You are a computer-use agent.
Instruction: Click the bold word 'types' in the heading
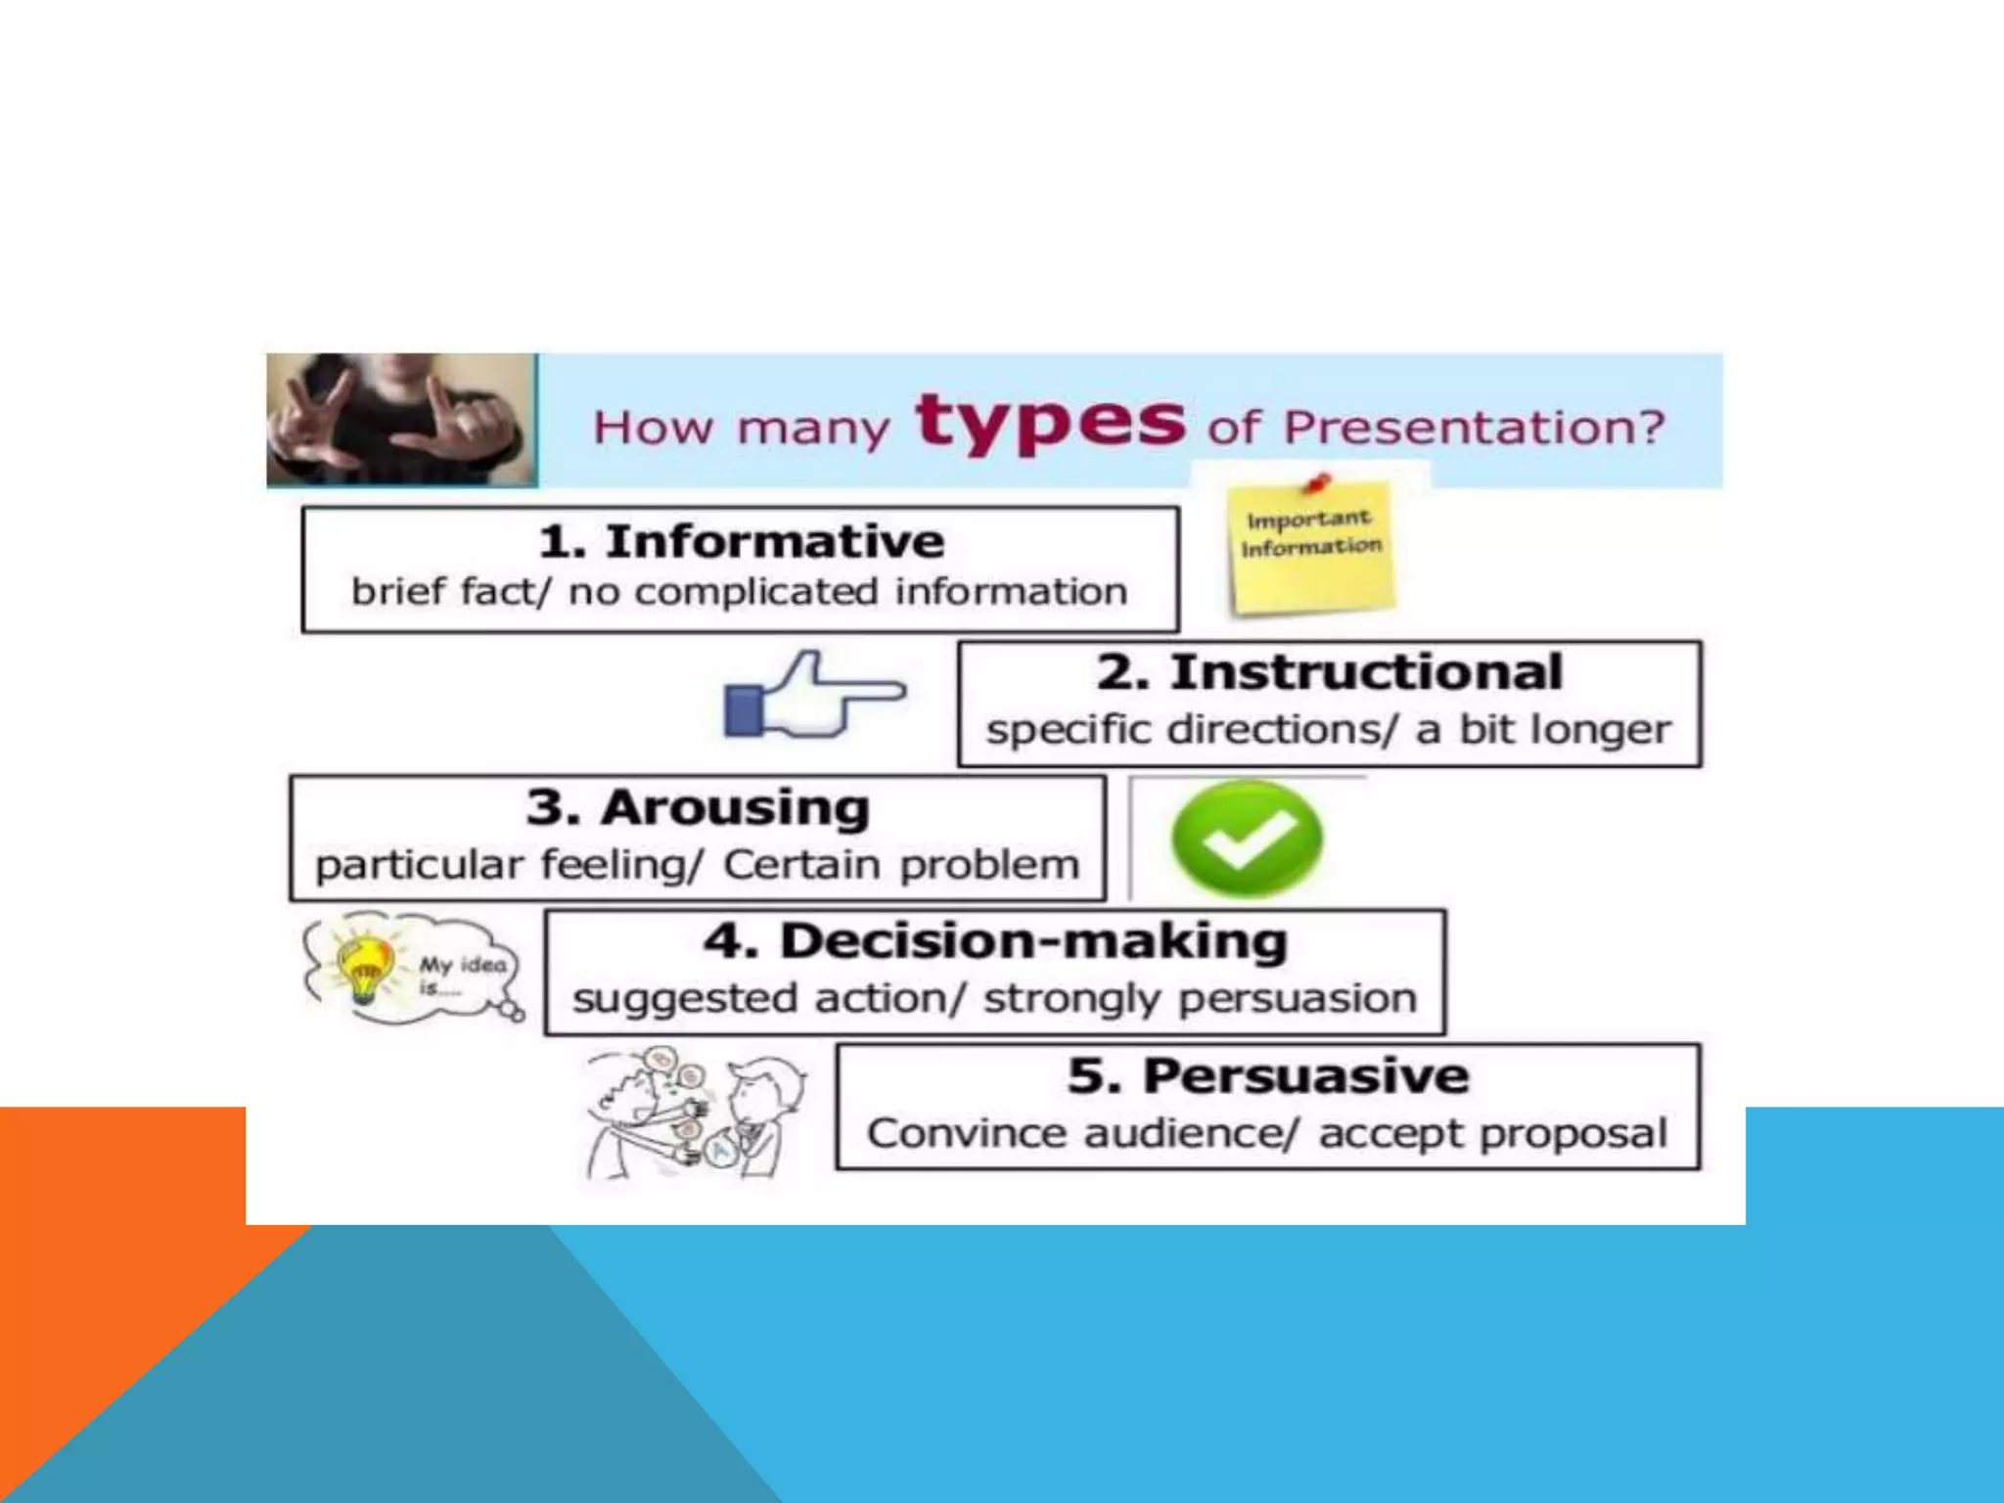(x=1050, y=422)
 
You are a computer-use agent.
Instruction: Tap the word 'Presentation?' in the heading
(x=1474, y=428)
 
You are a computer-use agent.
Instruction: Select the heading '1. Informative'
(x=741, y=541)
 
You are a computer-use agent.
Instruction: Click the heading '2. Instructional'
(x=1329, y=672)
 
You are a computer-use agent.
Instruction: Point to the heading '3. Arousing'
(x=698, y=808)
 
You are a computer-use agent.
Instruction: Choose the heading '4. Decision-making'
(x=995, y=941)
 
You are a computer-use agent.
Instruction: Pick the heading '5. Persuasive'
(x=1268, y=1076)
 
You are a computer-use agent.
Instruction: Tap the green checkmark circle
(x=1247, y=839)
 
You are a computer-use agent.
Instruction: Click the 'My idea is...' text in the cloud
(x=460, y=975)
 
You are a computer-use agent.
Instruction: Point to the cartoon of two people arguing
(x=696, y=1113)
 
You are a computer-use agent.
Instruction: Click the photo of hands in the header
(x=401, y=421)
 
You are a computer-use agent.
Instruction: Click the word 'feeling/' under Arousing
(x=622, y=865)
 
